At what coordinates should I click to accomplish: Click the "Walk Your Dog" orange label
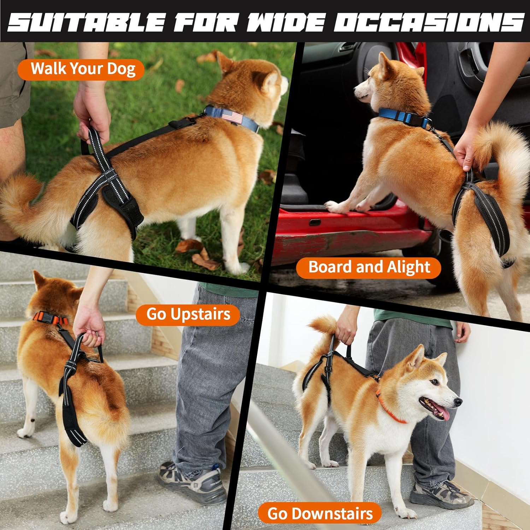click(81, 69)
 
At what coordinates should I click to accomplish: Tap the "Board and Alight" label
click(369, 267)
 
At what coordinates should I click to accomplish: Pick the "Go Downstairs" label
click(320, 513)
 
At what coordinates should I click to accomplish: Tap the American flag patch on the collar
click(232, 117)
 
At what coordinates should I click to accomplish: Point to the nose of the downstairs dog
click(458, 401)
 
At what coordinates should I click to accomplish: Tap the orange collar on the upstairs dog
click(49, 318)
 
